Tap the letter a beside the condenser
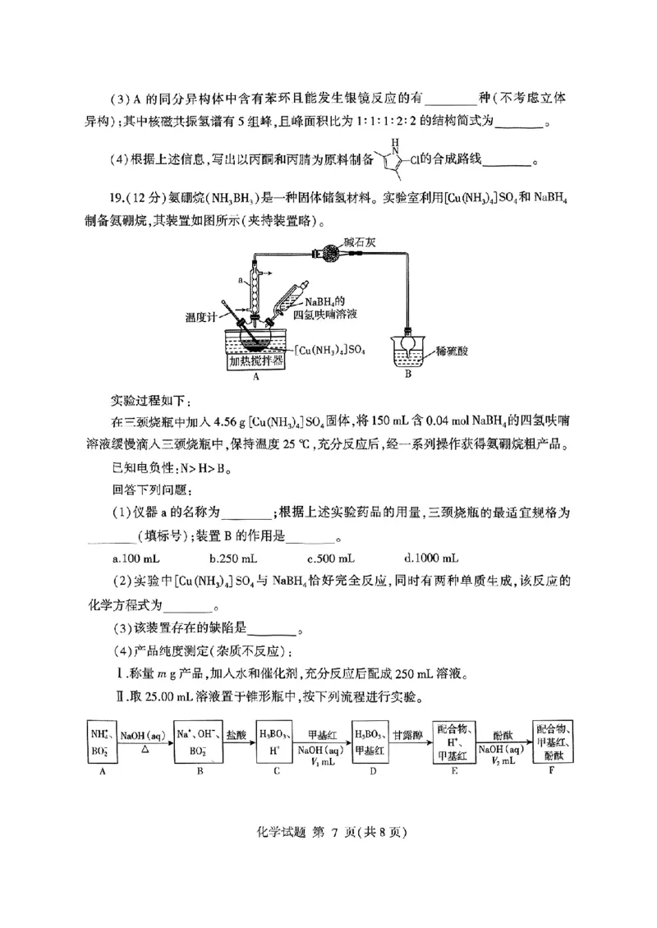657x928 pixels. [x=239, y=280]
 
